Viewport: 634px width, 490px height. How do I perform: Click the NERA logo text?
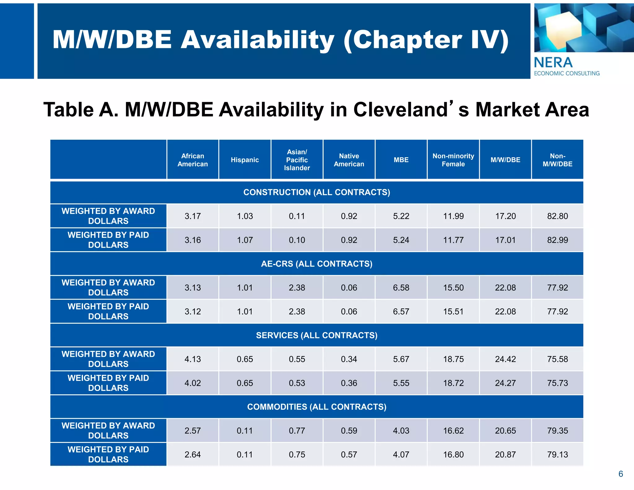553,63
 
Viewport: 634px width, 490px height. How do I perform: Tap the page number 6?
620,474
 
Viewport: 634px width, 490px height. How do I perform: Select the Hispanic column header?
245,160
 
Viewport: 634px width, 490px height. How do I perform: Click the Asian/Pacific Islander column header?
297,160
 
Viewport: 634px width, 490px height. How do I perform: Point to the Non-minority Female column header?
453,160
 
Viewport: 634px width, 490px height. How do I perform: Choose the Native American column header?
349,160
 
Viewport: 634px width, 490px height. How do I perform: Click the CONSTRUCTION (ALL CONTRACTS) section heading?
317,192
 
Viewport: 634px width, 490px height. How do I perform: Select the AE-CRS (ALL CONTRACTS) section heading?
317,264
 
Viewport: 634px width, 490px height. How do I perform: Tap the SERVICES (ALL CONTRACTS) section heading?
317,335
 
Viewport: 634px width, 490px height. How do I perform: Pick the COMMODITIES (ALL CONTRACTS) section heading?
317,407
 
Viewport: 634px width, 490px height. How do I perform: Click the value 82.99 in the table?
557,240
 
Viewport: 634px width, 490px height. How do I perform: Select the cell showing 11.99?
453,216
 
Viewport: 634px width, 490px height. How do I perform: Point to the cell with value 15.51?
453,312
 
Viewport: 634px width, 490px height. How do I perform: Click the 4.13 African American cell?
193,359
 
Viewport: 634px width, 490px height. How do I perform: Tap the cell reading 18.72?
453,383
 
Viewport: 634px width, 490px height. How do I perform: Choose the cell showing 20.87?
505,455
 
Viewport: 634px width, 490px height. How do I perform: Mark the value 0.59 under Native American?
349,431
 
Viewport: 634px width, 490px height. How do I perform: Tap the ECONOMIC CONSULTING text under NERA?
567,73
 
